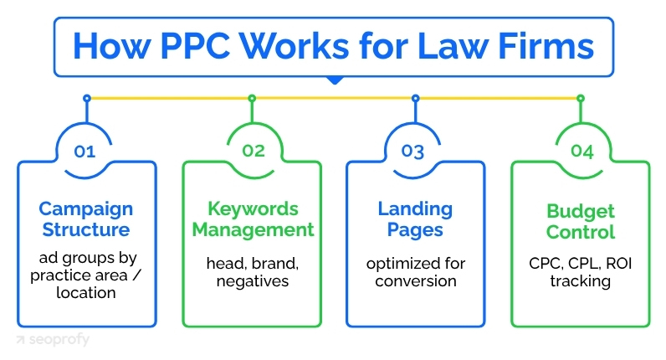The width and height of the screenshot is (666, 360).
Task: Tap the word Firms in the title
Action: point(546,44)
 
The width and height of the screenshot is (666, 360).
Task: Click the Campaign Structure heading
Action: point(85,219)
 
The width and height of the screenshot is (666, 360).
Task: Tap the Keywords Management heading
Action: point(252,219)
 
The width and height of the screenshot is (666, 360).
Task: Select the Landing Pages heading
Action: point(415,219)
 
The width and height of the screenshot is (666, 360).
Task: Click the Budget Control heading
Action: point(581,221)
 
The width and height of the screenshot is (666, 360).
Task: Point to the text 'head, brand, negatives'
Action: point(252,271)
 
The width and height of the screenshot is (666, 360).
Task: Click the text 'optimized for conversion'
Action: point(415,271)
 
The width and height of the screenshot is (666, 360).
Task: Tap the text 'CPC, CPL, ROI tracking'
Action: point(581,271)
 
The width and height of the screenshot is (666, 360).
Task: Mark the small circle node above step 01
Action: point(86,98)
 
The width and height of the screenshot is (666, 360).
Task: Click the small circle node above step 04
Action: point(581,98)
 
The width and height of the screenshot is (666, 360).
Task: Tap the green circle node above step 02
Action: point(252,98)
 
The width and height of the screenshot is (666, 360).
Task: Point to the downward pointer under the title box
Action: point(334,81)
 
